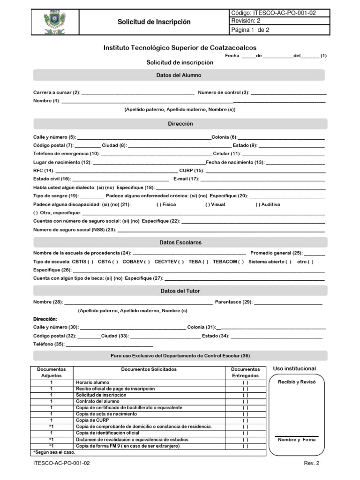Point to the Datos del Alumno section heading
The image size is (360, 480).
(x=179, y=75)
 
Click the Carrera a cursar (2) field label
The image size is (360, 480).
(x=57, y=93)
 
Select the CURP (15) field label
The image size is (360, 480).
(x=192, y=171)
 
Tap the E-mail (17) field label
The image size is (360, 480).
(x=186, y=179)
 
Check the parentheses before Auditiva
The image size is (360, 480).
(x=258, y=205)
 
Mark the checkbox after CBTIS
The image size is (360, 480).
(x=90, y=262)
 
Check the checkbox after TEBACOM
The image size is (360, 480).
(x=240, y=262)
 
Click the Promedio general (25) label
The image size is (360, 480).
(x=277, y=253)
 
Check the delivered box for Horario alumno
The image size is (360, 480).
(x=245, y=383)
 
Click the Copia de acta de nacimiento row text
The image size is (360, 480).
(x=106, y=414)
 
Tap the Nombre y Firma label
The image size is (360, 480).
(x=297, y=440)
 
